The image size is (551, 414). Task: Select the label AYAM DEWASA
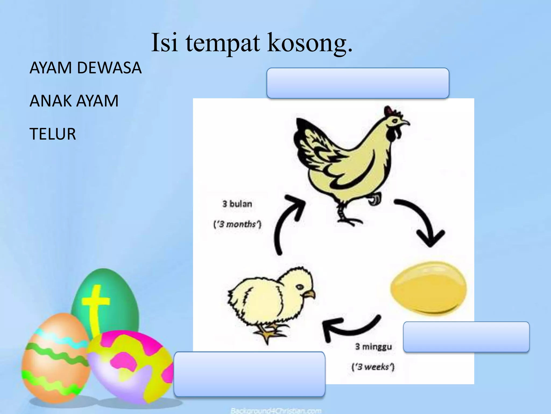click(x=85, y=68)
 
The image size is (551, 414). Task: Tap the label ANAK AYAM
click(x=74, y=101)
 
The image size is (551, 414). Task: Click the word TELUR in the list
click(x=52, y=134)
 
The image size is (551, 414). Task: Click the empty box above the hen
click(x=358, y=83)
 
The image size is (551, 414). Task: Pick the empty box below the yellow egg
click(x=466, y=337)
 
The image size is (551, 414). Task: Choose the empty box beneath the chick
click(x=249, y=374)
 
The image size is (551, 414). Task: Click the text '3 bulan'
click(x=237, y=204)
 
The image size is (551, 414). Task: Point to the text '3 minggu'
click(x=373, y=346)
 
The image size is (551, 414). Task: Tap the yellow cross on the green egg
click(x=96, y=305)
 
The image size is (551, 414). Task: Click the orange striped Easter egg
click(x=55, y=358)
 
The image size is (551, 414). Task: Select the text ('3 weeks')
click(x=373, y=367)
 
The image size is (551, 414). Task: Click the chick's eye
click(x=299, y=287)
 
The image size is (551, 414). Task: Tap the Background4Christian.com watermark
click(x=276, y=411)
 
